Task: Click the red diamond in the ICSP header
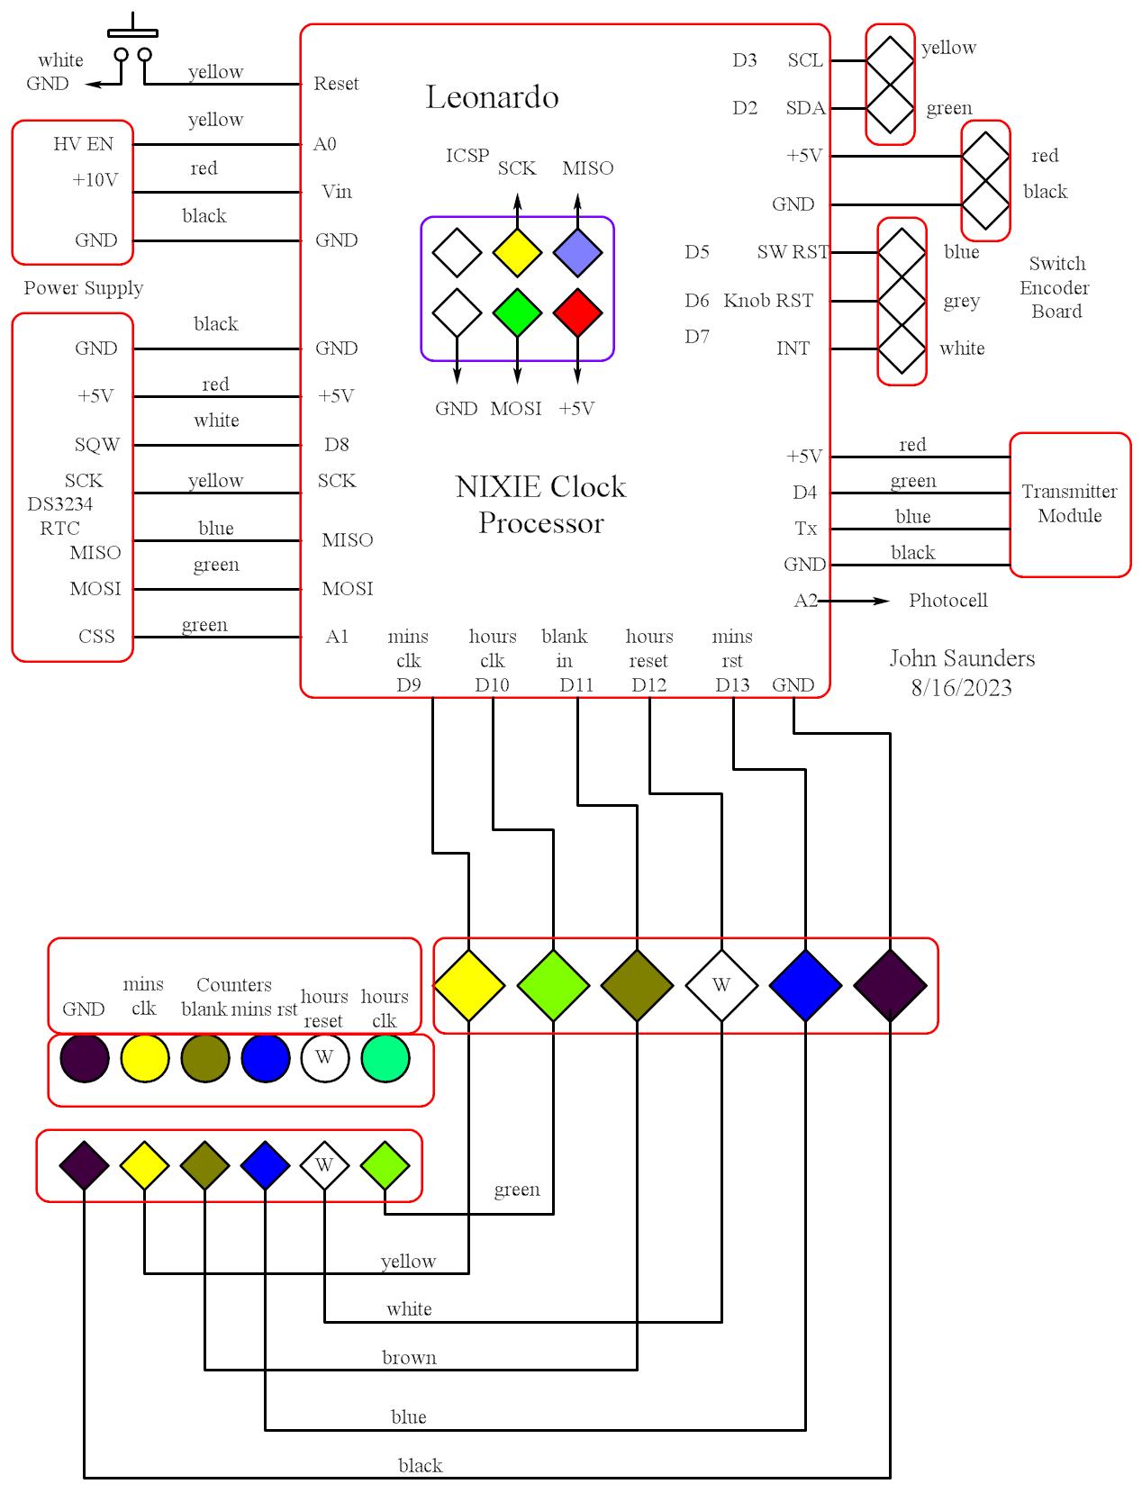coord(577,312)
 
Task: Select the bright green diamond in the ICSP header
coord(517,312)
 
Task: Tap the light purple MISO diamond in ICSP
coord(577,252)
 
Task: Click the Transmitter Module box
coord(1070,504)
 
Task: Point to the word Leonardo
coord(492,97)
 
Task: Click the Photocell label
coord(947,601)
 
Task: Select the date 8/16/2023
coord(961,688)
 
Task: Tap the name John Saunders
coord(962,658)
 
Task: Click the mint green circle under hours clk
coord(385,1058)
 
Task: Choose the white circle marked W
coord(325,1058)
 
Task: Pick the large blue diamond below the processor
coord(805,985)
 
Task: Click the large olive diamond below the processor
coord(637,985)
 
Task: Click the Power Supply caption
coord(83,288)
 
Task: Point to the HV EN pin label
coord(83,144)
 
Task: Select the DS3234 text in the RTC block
coord(59,504)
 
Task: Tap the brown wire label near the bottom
coord(409,1357)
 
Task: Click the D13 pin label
coord(732,685)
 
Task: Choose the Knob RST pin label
coord(768,301)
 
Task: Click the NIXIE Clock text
coord(540,487)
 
